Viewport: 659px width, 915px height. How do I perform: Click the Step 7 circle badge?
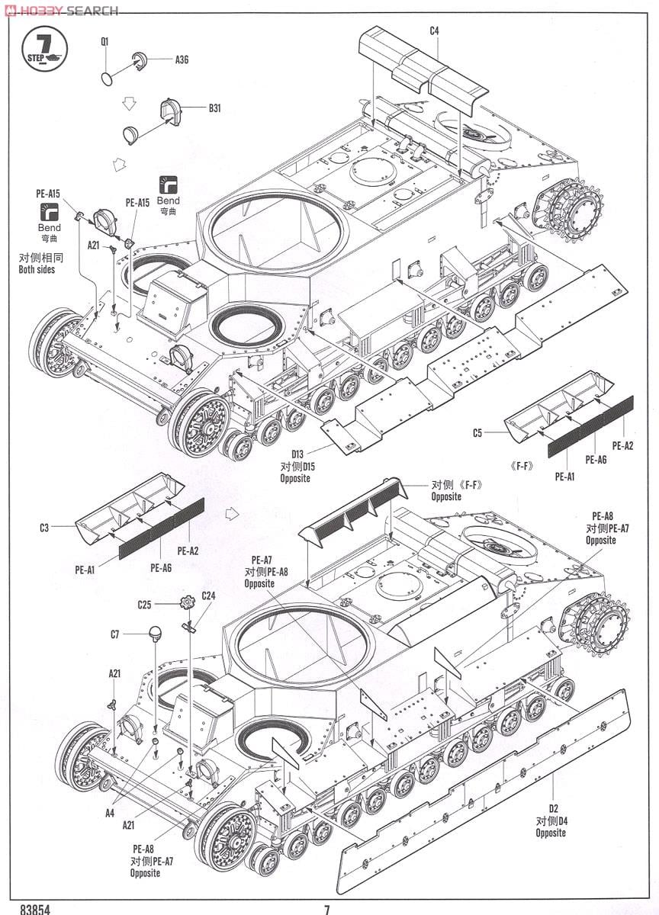(x=44, y=49)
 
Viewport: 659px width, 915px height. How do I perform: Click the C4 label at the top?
(x=434, y=30)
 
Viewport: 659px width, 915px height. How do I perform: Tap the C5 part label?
(x=477, y=433)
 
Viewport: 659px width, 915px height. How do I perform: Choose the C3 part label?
(x=44, y=527)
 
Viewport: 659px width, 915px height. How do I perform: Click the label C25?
(x=144, y=605)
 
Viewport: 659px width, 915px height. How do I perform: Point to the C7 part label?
(x=114, y=634)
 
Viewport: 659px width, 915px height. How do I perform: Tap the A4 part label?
(x=110, y=813)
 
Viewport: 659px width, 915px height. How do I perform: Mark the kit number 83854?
(x=31, y=909)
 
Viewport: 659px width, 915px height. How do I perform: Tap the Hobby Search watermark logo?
(x=61, y=10)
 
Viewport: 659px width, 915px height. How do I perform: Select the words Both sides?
(x=37, y=269)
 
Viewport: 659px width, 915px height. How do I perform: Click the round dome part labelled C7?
(x=155, y=633)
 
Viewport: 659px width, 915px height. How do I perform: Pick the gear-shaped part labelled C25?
(x=187, y=603)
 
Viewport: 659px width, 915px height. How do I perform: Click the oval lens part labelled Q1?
(x=108, y=78)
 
